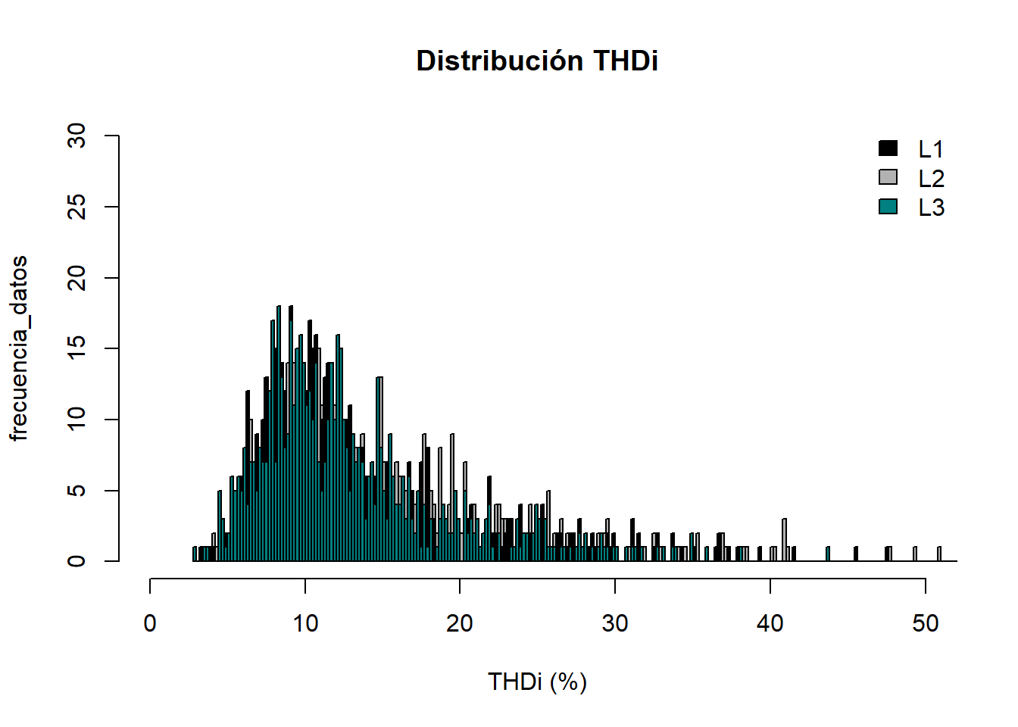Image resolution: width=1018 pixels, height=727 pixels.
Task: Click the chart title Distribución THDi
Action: pos(537,61)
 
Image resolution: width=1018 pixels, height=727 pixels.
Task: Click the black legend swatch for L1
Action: pos(888,148)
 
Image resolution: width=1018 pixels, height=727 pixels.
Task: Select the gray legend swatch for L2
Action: pos(888,177)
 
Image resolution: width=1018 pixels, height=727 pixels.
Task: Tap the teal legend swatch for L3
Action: pos(888,206)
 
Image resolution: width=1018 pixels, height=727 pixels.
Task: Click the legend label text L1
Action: pos(931,149)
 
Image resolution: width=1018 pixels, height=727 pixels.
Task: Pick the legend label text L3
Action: pos(931,207)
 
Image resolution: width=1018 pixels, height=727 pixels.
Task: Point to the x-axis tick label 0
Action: pos(150,624)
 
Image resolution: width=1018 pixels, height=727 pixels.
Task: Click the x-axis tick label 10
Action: pos(305,624)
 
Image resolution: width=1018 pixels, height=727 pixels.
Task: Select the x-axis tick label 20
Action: pos(460,624)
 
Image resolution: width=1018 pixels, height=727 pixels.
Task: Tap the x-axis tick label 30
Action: pos(615,624)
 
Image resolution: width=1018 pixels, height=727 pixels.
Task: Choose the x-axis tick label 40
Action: pos(770,624)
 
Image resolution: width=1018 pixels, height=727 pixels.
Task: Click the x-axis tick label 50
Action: pos(925,624)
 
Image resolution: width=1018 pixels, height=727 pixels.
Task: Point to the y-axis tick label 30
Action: pos(77,136)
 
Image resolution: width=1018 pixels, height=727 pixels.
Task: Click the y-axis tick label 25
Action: pos(77,207)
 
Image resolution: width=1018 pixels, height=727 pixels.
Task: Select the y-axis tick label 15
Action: pos(77,348)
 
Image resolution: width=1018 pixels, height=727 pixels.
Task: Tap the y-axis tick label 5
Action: pos(77,491)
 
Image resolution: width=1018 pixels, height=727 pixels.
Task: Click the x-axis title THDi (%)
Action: pos(537,682)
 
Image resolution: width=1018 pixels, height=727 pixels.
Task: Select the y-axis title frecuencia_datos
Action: pos(19,348)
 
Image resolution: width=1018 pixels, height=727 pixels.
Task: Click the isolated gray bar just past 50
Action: pos(939,554)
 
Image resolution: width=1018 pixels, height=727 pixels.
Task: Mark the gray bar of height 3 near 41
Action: pos(785,539)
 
